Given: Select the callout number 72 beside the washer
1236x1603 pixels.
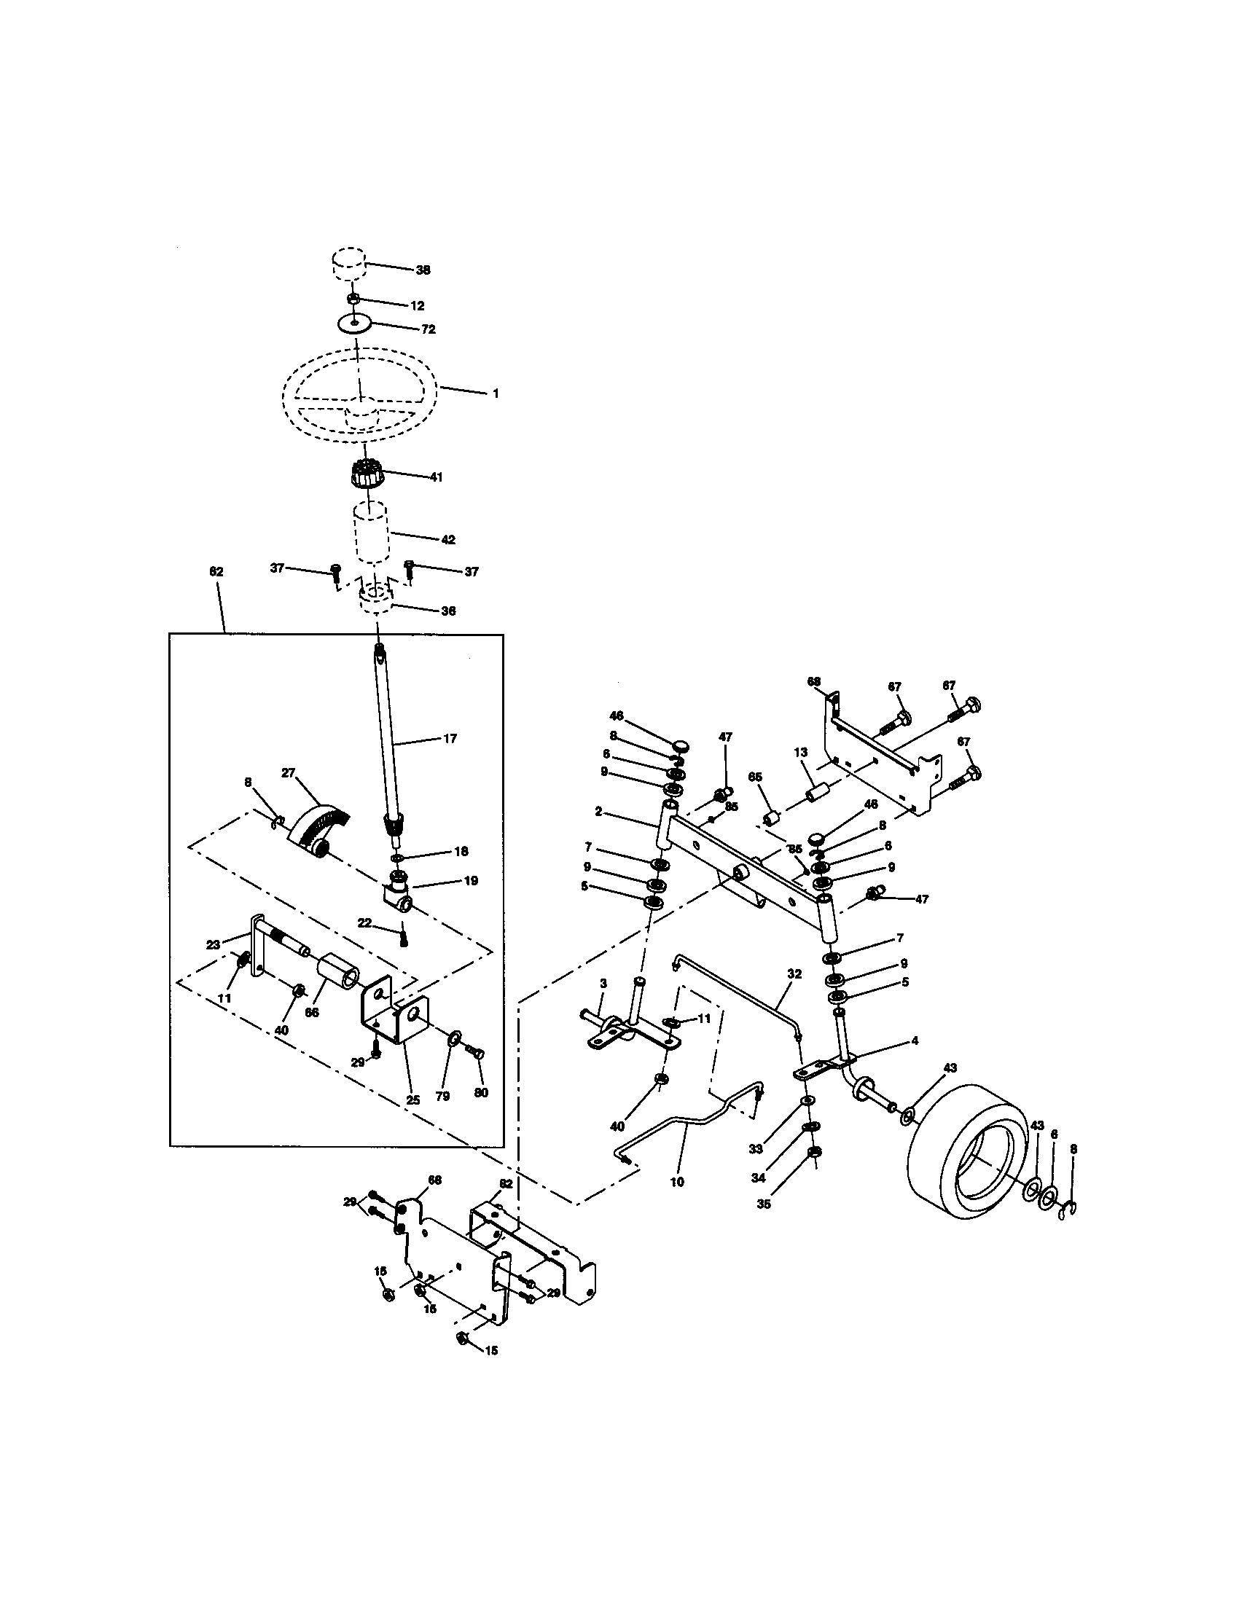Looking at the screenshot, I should click(x=428, y=329).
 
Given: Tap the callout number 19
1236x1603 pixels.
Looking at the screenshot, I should click(x=471, y=880).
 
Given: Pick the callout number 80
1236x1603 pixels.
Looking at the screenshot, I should click(x=481, y=1093).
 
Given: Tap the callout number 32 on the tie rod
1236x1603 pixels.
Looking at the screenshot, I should click(x=794, y=974).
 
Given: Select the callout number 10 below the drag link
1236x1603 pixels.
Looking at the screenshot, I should click(x=677, y=1183).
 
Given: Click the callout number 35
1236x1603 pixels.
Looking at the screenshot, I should click(x=763, y=1204).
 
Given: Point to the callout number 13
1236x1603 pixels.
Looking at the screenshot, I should click(x=800, y=752).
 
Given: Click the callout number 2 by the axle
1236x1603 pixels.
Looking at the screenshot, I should click(x=598, y=812).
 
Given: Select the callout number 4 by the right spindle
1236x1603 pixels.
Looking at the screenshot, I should click(x=915, y=1040).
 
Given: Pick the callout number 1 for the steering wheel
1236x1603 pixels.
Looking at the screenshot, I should click(x=496, y=393).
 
